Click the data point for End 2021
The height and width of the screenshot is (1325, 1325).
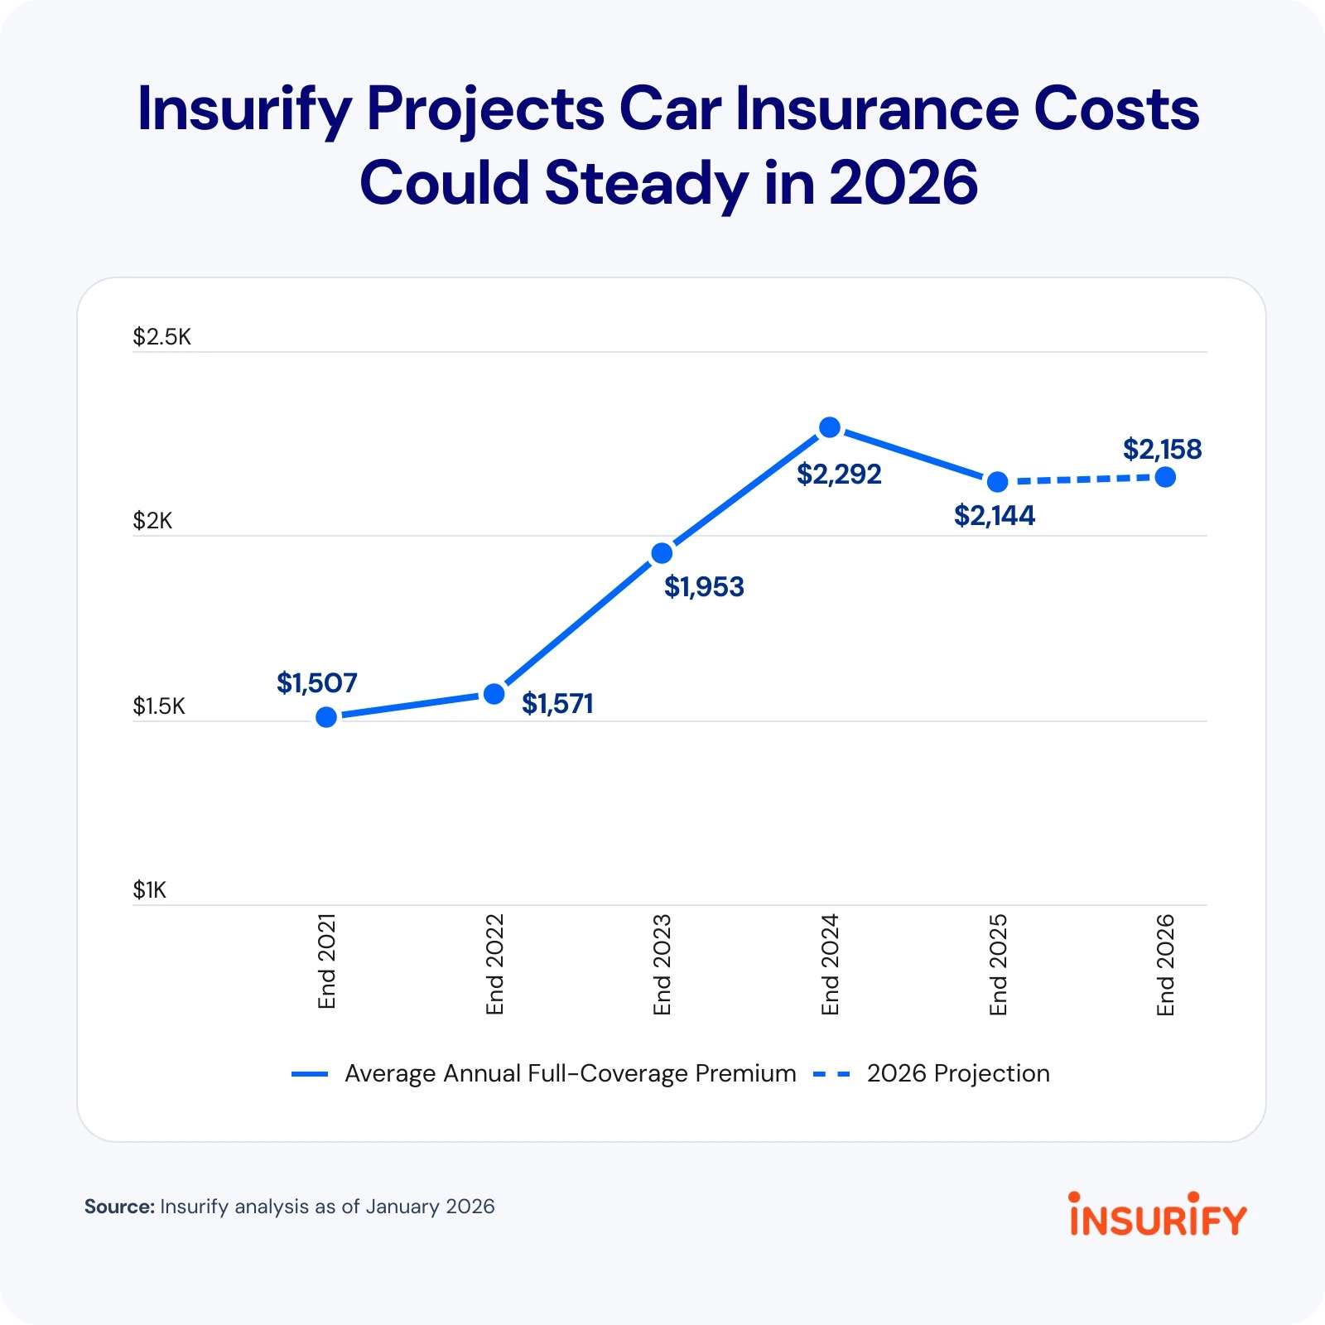(x=327, y=717)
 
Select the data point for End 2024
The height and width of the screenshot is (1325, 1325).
(x=830, y=427)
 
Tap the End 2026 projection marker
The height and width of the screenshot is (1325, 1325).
(x=1165, y=477)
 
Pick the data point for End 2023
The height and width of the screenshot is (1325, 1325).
(x=662, y=553)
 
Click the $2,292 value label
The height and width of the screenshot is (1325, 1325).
(x=839, y=475)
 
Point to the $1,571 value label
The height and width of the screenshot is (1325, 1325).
(x=557, y=704)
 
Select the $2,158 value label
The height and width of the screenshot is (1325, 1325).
(x=1162, y=450)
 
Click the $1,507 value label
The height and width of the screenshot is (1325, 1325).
(x=316, y=683)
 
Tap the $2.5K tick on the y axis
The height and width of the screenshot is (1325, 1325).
(x=162, y=337)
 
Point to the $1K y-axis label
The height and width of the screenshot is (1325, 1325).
(x=150, y=890)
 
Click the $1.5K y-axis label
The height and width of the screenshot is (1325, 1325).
(x=159, y=706)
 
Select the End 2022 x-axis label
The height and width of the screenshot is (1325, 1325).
(x=494, y=964)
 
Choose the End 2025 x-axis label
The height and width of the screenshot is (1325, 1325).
(x=998, y=964)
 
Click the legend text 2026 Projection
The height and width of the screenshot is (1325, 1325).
(x=958, y=1073)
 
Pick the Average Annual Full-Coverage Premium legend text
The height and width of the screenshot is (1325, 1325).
(x=570, y=1073)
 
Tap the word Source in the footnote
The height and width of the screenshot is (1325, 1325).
(x=119, y=1207)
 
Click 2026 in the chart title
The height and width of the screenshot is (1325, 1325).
(x=903, y=183)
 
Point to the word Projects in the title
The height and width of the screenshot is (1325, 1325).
(x=485, y=109)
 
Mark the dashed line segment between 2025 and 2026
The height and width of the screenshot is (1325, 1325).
(x=1081, y=479)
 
